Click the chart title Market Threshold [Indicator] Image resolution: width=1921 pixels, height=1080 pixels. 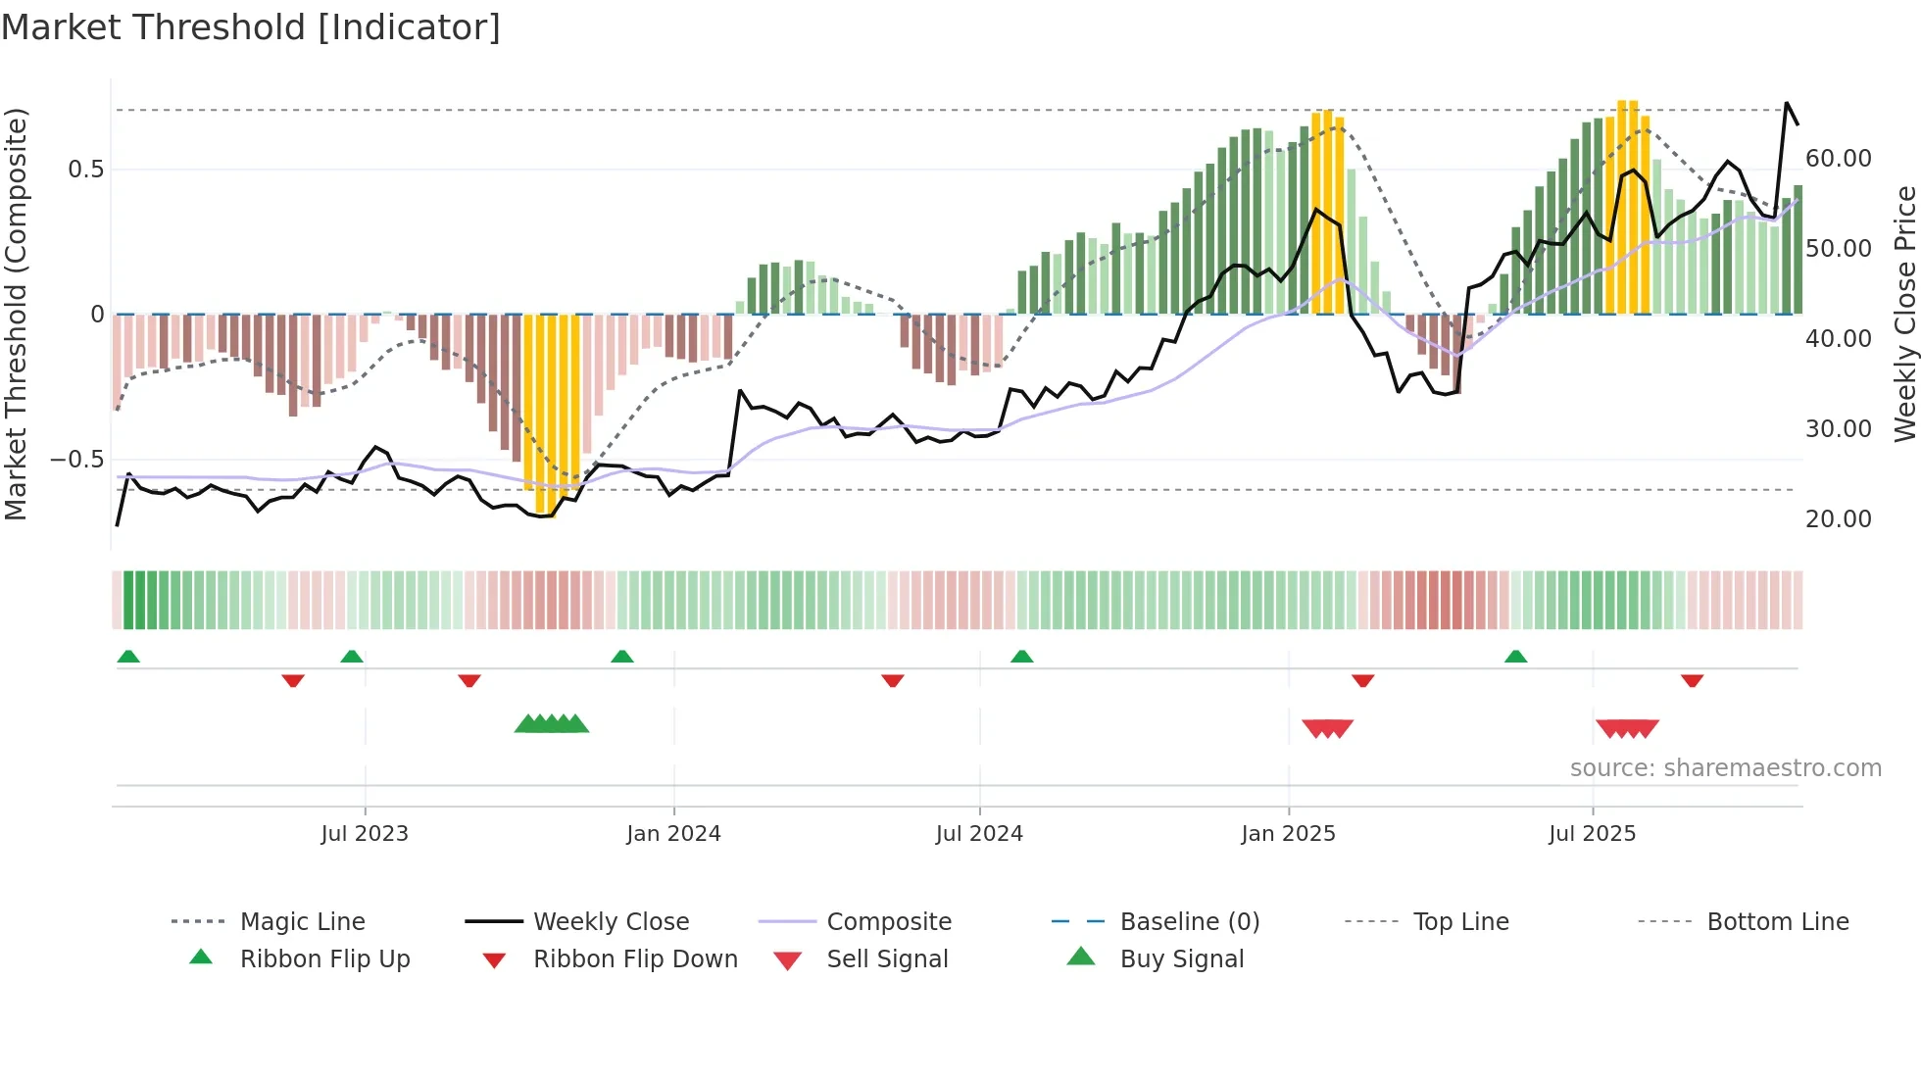click(x=251, y=27)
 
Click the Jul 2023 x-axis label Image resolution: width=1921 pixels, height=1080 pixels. click(x=365, y=833)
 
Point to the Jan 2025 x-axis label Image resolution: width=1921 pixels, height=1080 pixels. click(x=1288, y=833)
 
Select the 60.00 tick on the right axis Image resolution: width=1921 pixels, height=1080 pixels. click(x=1838, y=159)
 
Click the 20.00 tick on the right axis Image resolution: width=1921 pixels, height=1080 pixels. click(x=1838, y=518)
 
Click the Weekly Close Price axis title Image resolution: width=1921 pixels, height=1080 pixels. click(x=1904, y=314)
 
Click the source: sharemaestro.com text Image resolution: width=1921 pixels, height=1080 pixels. click(x=1725, y=767)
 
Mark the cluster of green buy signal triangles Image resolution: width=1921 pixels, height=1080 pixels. click(x=552, y=724)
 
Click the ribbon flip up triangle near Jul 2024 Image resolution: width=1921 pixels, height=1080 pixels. click(x=1022, y=656)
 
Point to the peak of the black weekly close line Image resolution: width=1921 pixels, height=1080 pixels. click(x=1787, y=103)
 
